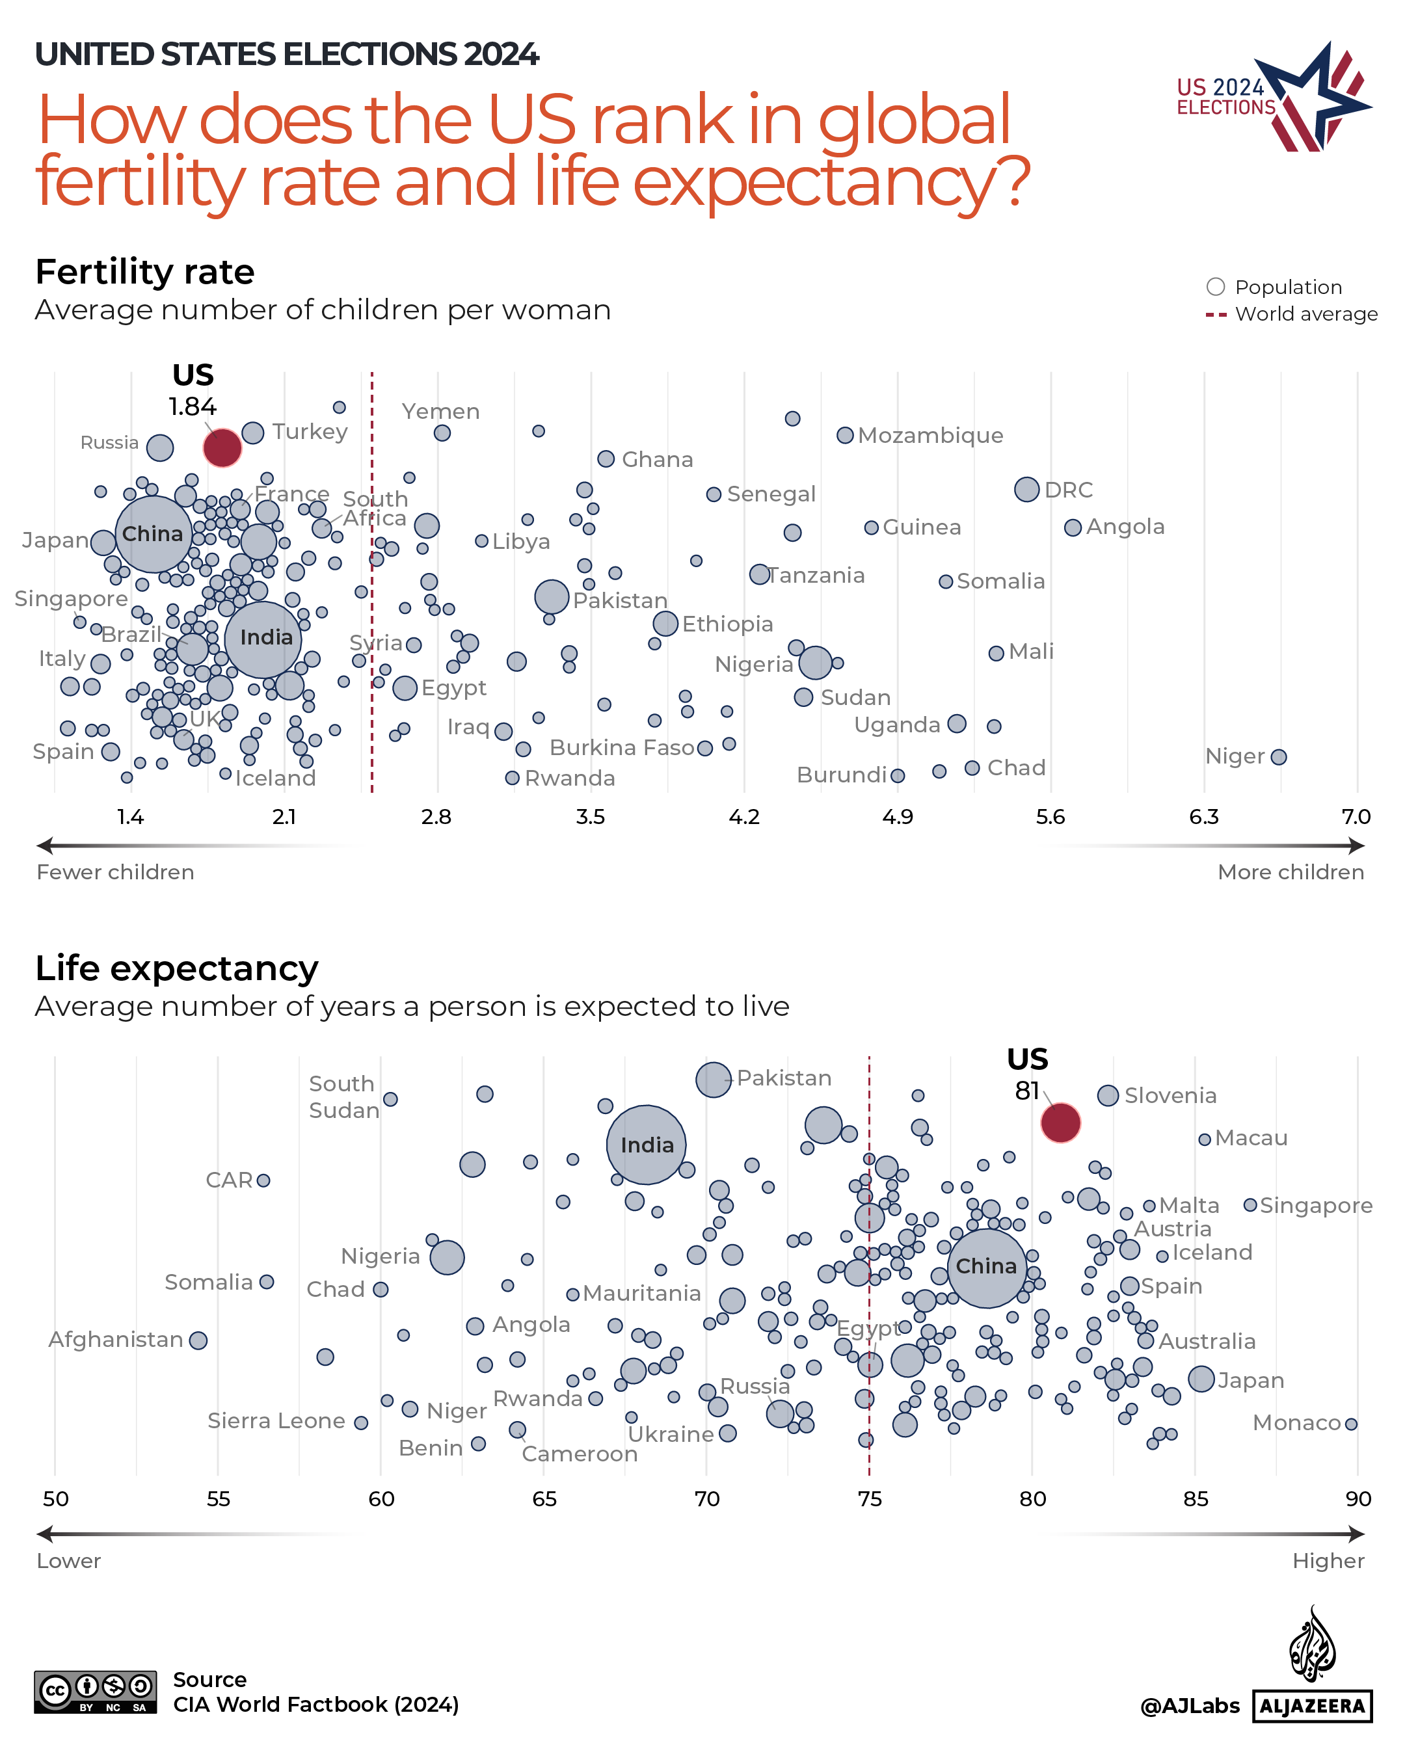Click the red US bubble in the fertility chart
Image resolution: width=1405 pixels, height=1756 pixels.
click(222, 447)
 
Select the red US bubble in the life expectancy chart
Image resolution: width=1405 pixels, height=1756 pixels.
click(1060, 1123)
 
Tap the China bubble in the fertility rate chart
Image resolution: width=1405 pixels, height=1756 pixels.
click(153, 535)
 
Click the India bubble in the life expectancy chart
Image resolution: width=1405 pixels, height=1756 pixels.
click(646, 1145)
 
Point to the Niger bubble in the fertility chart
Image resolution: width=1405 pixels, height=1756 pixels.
click(1278, 756)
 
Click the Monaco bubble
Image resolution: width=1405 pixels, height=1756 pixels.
click(1350, 1424)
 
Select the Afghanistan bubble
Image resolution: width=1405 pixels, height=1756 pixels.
click(198, 1340)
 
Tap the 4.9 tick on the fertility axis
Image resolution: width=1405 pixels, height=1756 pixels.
click(897, 817)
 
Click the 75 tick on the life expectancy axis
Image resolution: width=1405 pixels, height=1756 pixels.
click(869, 1498)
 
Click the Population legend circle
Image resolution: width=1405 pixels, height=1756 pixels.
click(1215, 287)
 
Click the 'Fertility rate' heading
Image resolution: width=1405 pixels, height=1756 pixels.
click(145, 272)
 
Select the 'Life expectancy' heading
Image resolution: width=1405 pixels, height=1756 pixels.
click(177, 968)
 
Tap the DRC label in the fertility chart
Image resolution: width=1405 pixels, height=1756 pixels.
click(1068, 490)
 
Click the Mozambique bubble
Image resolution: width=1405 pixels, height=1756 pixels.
click(845, 436)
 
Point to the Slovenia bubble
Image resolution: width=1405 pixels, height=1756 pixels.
click(1107, 1095)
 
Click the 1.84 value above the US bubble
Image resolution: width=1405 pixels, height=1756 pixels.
click(193, 406)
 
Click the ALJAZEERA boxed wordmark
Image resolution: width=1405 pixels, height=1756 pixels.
click(1311, 1707)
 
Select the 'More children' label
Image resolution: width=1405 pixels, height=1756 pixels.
click(1289, 872)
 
